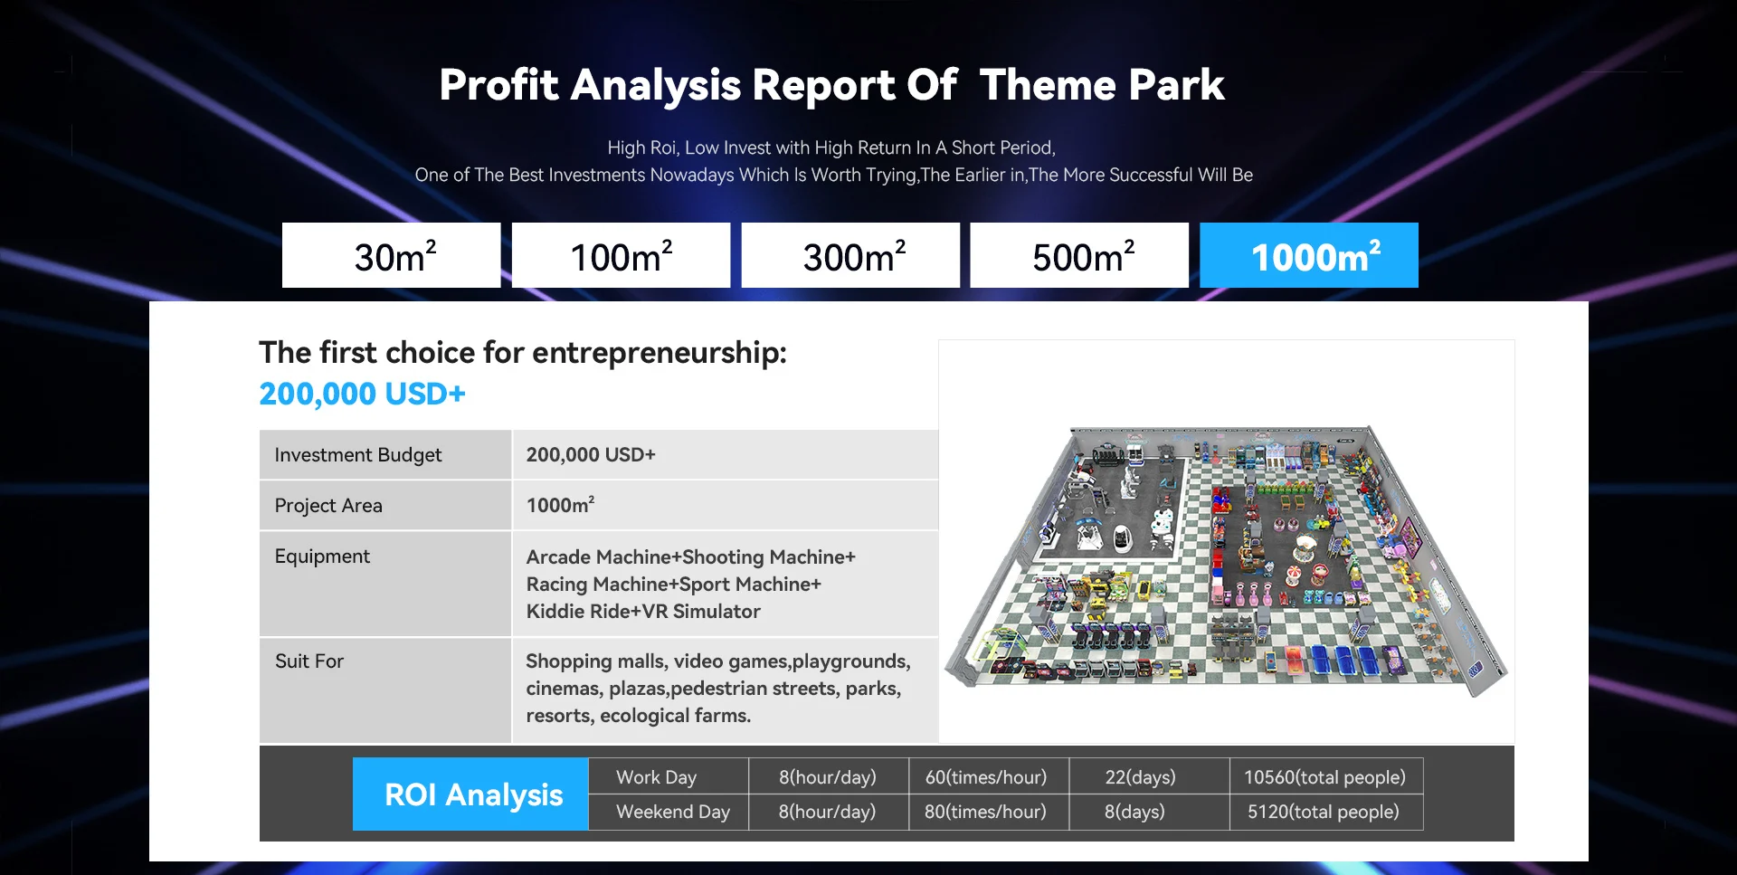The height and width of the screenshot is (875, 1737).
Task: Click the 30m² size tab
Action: point(391,255)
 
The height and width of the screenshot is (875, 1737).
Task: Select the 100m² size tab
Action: point(621,255)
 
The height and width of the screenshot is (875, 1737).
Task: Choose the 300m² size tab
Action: point(850,255)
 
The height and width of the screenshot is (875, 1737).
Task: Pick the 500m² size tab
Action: point(1079,255)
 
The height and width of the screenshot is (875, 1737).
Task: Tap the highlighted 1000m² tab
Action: point(1309,255)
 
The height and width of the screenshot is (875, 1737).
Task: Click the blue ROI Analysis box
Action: point(470,794)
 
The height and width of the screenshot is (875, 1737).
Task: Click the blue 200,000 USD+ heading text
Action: point(362,394)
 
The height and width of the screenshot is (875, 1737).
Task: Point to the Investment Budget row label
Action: point(358,455)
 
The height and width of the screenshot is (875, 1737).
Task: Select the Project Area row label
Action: point(328,506)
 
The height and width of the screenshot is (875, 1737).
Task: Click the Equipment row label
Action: point(322,556)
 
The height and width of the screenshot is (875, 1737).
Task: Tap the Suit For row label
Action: point(309,661)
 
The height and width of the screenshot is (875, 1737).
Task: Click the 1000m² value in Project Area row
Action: point(561,505)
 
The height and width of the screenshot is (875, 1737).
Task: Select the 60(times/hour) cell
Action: point(986,777)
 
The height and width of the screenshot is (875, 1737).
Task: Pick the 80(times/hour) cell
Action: point(986,812)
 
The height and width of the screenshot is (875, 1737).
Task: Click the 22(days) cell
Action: point(1141,777)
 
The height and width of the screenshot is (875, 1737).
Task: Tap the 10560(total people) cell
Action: point(1324,777)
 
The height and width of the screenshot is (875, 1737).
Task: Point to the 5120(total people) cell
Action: point(1324,812)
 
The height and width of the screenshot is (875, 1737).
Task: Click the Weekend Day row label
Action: point(673,812)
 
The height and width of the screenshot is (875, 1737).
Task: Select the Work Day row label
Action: point(657,777)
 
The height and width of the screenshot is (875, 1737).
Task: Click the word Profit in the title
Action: point(498,85)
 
